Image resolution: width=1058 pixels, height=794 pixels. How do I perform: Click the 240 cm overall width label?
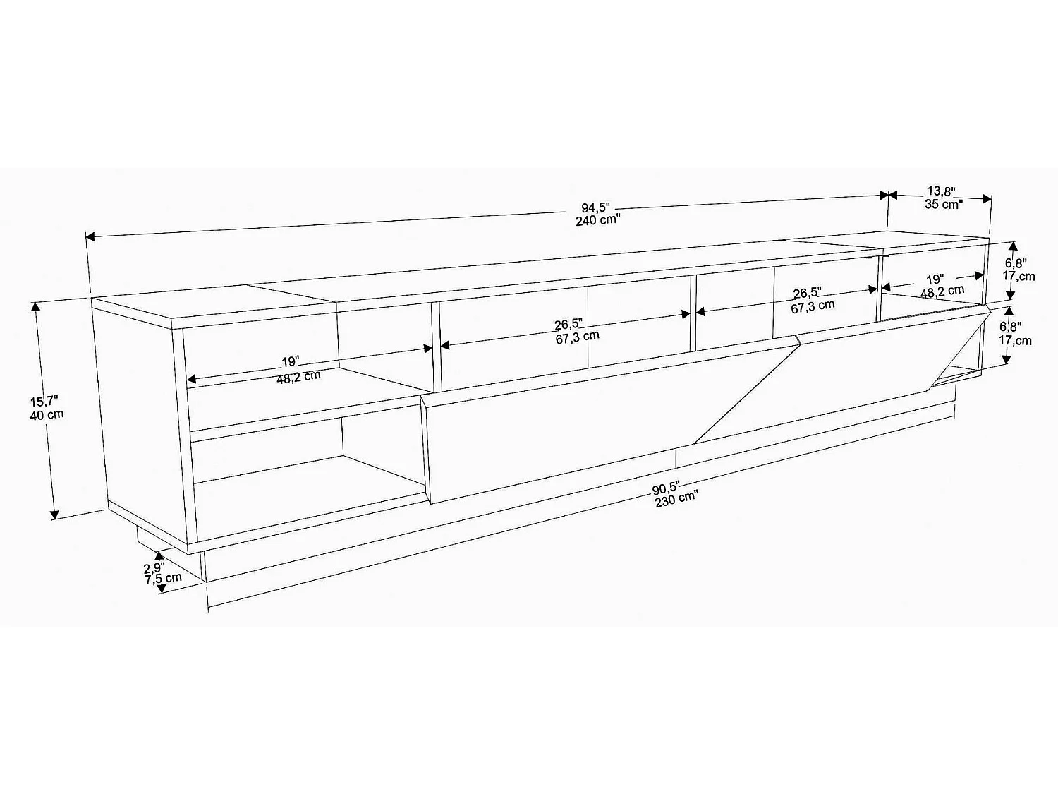(597, 219)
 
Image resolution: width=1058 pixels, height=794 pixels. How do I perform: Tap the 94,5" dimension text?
(595, 207)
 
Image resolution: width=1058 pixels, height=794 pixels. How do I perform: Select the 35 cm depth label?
(944, 204)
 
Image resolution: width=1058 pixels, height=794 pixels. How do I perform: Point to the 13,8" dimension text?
(941, 191)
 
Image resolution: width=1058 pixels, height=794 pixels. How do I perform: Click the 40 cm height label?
(47, 414)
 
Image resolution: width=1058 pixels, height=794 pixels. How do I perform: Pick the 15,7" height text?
(44, 402)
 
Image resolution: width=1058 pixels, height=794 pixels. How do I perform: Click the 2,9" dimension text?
(154, 567)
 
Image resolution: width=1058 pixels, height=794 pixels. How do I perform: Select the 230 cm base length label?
(676, 499)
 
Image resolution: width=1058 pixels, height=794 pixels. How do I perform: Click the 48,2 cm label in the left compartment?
(298, 375)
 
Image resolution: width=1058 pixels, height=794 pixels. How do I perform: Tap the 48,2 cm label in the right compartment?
(942, 291)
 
